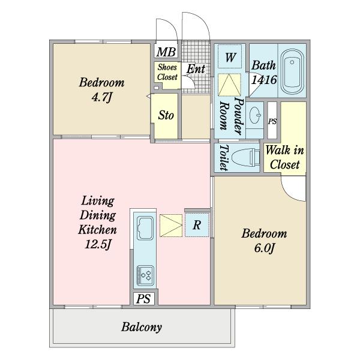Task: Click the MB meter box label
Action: pyautogui.click(x=166, y=52)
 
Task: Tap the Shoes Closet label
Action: pyautogui.click(x=167, y=72)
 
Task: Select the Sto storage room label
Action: pyautogui.click(x=166, y=115)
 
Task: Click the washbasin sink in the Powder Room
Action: pyautogui.click(x=255, y=115)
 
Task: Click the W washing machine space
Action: pyautogui.click(x=230, y=57)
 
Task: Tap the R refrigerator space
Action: pyautogui.click(x=197, y=225)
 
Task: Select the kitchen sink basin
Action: pyautogui.click(x=145, y=228)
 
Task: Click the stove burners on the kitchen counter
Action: pyautogui.click(x=145, y=275)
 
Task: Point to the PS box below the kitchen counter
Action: pyautogui.click(x=144, y=299)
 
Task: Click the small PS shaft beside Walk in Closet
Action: pyautogui.click(x=272, y=121)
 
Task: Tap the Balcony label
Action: pyautogui.click(x=142, y=327)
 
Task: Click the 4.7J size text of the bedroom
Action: pyautogui.click(x=102, y=98)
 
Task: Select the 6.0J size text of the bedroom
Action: pyautogui.click(x=264, y=248)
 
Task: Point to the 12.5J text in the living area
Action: pyautogui.click(x=98, y=244)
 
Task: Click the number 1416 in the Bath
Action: pyautogui.click(x=264, y=80)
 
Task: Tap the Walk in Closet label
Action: pyautogui.click(x=284, y=157)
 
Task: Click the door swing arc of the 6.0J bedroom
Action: pyautogui.click(x=290, y=194)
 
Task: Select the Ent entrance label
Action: pyautogui.click(x=196, y=69)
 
